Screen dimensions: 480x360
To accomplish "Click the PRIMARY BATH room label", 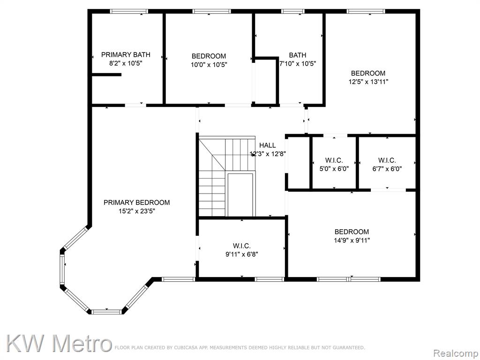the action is click(126, 55).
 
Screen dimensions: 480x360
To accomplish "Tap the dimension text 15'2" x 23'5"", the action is click(136, 211).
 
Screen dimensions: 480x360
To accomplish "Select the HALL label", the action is click(267, 145).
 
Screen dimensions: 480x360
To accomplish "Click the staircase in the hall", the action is click(227, 177).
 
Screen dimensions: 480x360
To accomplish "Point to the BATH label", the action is click(298, 55).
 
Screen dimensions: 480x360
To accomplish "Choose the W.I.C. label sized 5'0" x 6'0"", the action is click(334, 160).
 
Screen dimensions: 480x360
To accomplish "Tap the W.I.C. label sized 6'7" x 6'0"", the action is click(387, 160).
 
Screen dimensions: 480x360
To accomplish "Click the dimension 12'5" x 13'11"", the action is click(368, 82).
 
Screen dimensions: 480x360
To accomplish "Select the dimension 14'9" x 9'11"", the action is click(352, 240).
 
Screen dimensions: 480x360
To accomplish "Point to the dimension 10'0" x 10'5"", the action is click(209, 65).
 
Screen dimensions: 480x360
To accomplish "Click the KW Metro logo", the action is click(58, 344).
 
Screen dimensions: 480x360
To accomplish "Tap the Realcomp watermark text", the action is click(456, 353).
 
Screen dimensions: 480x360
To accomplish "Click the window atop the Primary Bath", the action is click(129, 11).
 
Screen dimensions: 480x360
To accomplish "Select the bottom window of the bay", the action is click(106, 312).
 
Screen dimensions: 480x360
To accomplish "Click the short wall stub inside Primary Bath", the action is click(106, 75).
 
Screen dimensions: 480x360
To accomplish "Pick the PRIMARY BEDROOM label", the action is click(136, 202).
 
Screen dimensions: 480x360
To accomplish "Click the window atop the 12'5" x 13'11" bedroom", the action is click(366, 11).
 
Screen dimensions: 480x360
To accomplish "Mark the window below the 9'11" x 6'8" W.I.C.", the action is click(270, 279).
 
